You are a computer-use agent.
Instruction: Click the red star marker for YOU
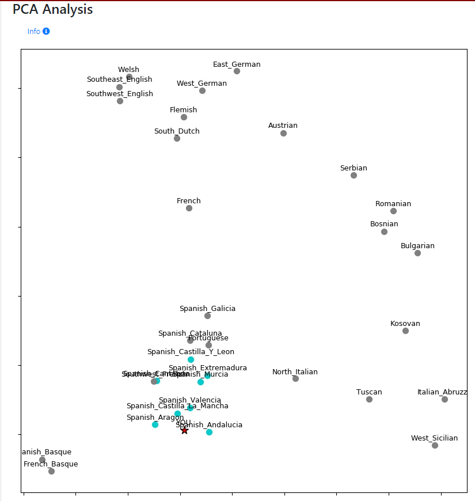pos(184,430)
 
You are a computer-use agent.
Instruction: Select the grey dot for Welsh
pos(129,77)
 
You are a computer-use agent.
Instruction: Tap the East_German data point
pos(237,71)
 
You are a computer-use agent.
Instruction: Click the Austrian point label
pos(283,126)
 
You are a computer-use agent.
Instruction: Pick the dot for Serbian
pos(354,175)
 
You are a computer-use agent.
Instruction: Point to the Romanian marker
pos(393,211)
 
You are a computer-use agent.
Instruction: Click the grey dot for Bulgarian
pos(417,253)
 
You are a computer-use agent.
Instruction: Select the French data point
pos(189,208)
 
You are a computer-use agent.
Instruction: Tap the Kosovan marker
pos(405,331)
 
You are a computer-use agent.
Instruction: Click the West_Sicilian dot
pos(435,445)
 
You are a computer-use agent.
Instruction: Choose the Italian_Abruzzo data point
pos(444,399)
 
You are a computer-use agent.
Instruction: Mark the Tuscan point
pos(369,399)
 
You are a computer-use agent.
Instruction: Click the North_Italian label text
pos(295,372)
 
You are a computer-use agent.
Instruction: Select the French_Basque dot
pos(51,471)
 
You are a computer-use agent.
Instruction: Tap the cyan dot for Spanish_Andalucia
pos(209,432)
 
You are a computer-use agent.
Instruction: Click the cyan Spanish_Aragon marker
pos(155,424)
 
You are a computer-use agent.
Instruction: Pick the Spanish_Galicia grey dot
pos(207,316)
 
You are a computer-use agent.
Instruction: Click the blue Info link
pos(34,32)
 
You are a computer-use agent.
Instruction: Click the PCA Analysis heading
pos(52,10)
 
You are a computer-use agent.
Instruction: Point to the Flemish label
pos(183,110)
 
